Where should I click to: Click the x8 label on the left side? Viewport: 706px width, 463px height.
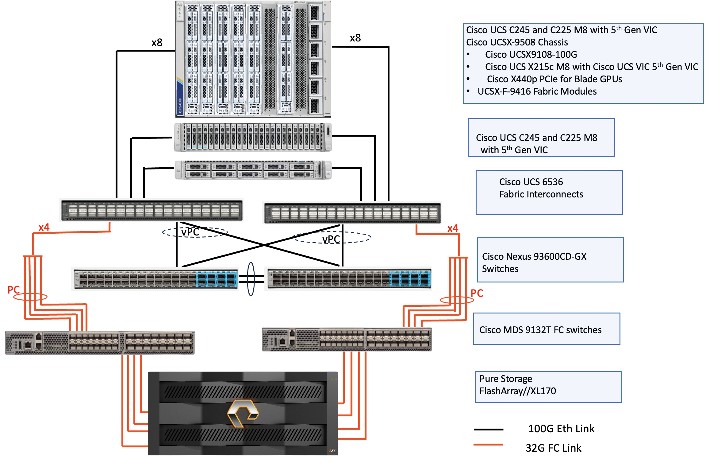pos(157,42)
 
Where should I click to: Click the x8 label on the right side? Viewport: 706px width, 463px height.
pos(355,38)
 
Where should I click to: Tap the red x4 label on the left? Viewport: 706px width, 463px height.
pos(44,227)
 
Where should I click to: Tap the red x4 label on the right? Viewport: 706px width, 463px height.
pos(452,228)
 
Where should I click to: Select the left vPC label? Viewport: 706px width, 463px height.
pos(190,232)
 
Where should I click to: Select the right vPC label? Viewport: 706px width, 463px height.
pos(331,239)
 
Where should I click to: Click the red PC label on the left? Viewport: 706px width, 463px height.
pos(13,290)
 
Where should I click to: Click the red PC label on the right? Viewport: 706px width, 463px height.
pos(477,293)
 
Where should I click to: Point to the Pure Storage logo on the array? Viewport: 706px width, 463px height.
pos(243,413)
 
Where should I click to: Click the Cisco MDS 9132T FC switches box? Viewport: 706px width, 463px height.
pos(547,329)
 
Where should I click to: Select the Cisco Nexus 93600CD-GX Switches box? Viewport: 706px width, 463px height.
pos(550,260)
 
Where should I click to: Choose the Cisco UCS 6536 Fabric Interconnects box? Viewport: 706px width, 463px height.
pos(549,193)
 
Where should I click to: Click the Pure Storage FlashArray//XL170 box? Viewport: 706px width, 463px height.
pos(548,387)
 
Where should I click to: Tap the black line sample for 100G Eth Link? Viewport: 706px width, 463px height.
pos(488,429)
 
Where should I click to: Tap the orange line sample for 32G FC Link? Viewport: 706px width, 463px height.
pos(488,444)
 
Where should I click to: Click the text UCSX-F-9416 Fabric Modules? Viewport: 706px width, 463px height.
pos(537,91)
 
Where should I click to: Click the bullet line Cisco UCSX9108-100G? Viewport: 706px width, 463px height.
pos(531,55)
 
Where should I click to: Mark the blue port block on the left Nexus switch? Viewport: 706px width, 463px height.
pos(217,279)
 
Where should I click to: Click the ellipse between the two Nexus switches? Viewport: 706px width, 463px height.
pos(251,279)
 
